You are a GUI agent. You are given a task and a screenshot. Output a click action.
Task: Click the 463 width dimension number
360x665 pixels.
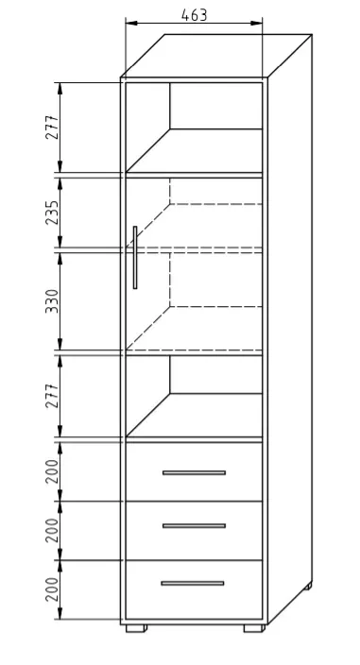point(195,15)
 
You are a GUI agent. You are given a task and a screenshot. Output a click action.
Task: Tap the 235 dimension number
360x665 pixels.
point(52,213)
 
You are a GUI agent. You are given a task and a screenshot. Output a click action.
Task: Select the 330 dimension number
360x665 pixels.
point(52,301)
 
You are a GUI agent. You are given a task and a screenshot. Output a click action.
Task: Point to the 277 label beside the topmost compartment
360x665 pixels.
point(52,127)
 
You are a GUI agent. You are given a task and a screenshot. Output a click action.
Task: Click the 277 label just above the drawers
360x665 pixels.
point(52,396)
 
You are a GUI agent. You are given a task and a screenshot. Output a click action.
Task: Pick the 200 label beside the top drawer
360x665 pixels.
point(52,471)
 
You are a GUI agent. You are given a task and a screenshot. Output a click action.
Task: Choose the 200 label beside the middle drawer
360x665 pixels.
point(52,530)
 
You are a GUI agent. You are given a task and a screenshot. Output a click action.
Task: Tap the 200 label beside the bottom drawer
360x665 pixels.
point(52,589)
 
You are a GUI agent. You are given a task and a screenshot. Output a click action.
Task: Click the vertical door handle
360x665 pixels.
point(135,258)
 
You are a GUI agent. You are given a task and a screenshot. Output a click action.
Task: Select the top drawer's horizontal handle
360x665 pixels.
point(194,472)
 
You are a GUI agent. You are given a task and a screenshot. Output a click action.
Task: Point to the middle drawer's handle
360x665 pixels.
point(194,526)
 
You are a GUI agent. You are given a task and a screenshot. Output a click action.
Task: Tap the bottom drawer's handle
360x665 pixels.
point(193,583)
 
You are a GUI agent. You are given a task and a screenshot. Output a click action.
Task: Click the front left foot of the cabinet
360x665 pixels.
point(137,628)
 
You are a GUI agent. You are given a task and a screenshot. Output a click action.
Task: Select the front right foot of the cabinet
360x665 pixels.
point(254,628)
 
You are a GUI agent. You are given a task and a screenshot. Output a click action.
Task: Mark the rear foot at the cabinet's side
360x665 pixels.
point(308,586)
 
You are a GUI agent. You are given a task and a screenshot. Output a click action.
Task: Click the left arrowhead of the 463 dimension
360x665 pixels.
point(131,23)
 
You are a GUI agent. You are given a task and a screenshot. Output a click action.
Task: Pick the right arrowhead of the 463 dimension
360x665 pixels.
point(257,23)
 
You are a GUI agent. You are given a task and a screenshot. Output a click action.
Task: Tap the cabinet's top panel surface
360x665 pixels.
point(216,56)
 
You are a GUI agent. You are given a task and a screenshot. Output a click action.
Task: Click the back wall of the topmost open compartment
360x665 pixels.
point(215,106)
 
